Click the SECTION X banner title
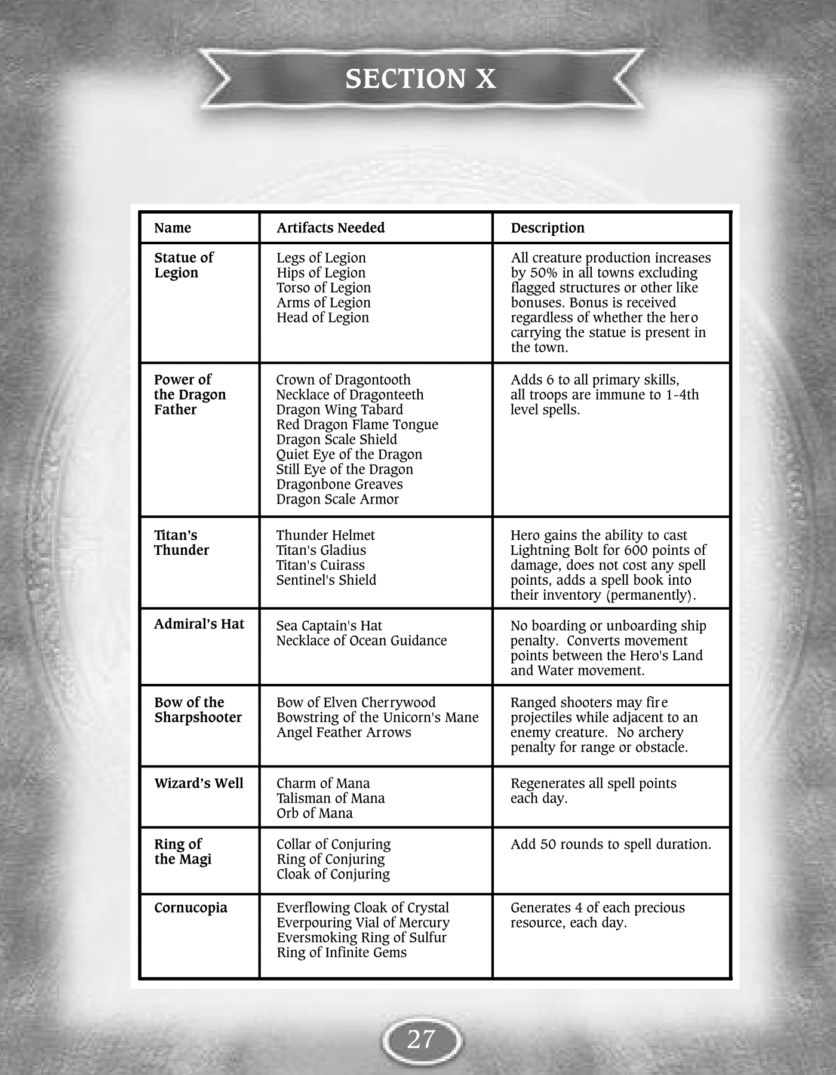(420, 79)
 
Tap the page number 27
(421, 1040)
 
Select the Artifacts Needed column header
(330, 228)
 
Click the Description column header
(547, 228)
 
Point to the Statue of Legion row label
(183, 265)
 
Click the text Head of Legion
(322, 318)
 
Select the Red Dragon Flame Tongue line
(356, 425)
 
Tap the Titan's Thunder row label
(181, 543)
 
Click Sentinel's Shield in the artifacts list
(326, 580)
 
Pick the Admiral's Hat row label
(199, 624)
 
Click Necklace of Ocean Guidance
(361, 641)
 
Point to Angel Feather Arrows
(343, 732)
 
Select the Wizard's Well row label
(199, 783)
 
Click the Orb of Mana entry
(314, 813)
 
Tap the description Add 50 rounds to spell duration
(610, 844)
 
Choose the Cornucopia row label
(190, 908)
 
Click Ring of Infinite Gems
(341, 953)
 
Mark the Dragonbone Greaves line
(339, 484)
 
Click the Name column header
(173, 228)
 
